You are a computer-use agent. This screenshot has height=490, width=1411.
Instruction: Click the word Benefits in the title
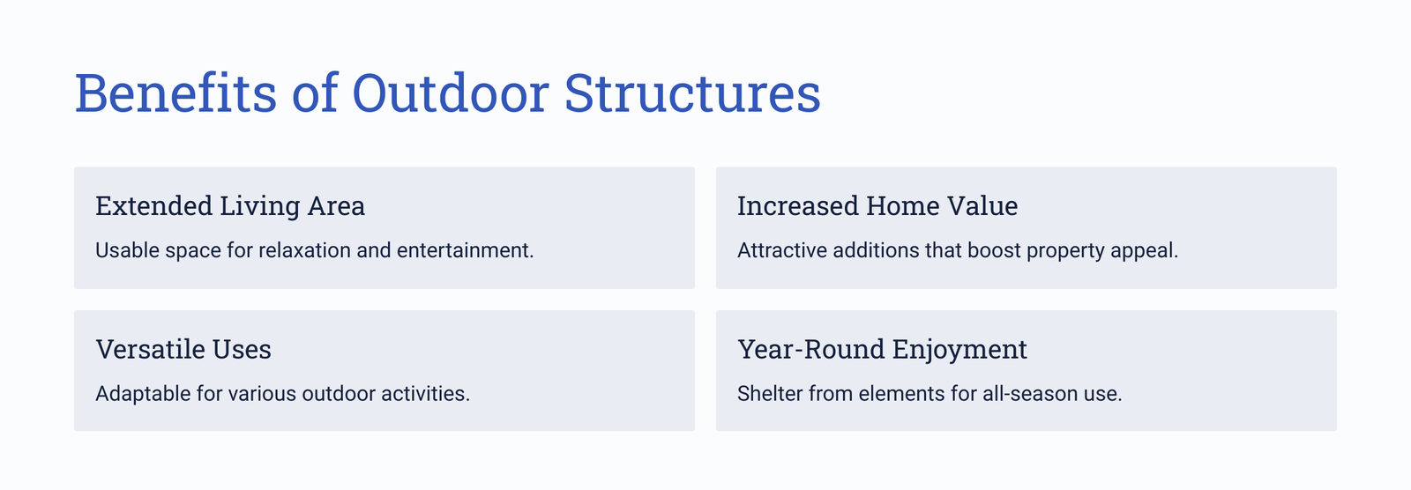(x=175, y=93)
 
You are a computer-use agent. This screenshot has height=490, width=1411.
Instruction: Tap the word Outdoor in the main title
(x=451, y=93)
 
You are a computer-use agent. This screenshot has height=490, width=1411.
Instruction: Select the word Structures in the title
(x=692, y=93)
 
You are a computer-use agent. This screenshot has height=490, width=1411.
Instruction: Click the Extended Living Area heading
(x=230, y=206)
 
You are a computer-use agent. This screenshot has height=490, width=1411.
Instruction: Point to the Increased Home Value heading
(x=877, y=206)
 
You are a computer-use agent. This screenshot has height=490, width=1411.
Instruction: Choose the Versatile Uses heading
(x=183, y=350)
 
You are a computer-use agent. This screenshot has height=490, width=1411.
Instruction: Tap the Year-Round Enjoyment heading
(x=882, y=350)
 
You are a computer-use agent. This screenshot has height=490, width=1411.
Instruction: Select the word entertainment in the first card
(x=465, y=250)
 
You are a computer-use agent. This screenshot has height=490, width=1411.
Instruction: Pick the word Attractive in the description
(x=782, y=250)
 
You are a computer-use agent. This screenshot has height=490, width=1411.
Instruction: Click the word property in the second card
(x=1066, y=251)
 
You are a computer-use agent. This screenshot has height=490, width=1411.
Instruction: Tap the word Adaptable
(x=143, y=394)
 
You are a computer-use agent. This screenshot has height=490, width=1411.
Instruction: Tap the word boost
(x=994, y=250)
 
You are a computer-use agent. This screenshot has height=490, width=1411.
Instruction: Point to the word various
(x=262, y=394)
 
